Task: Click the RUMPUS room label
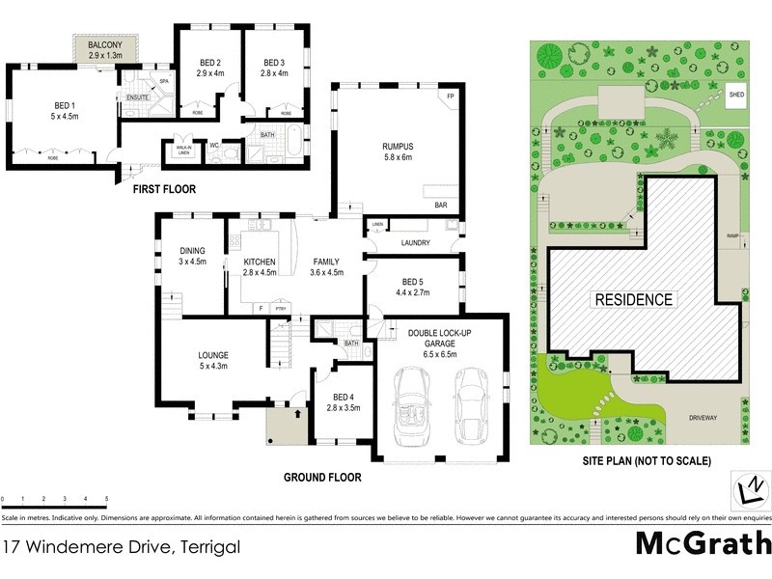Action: [x=398, y=148]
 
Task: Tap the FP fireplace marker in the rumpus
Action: [x=450, y=97]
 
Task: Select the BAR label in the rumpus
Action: [x=442, y=205]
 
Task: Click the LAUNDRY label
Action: [x=412, y=242]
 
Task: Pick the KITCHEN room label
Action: [x=261, y=262]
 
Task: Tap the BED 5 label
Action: [x=411, y=283]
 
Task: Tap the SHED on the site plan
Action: [x=736, y=96]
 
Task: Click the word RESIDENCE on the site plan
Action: [x=632, y=299]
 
